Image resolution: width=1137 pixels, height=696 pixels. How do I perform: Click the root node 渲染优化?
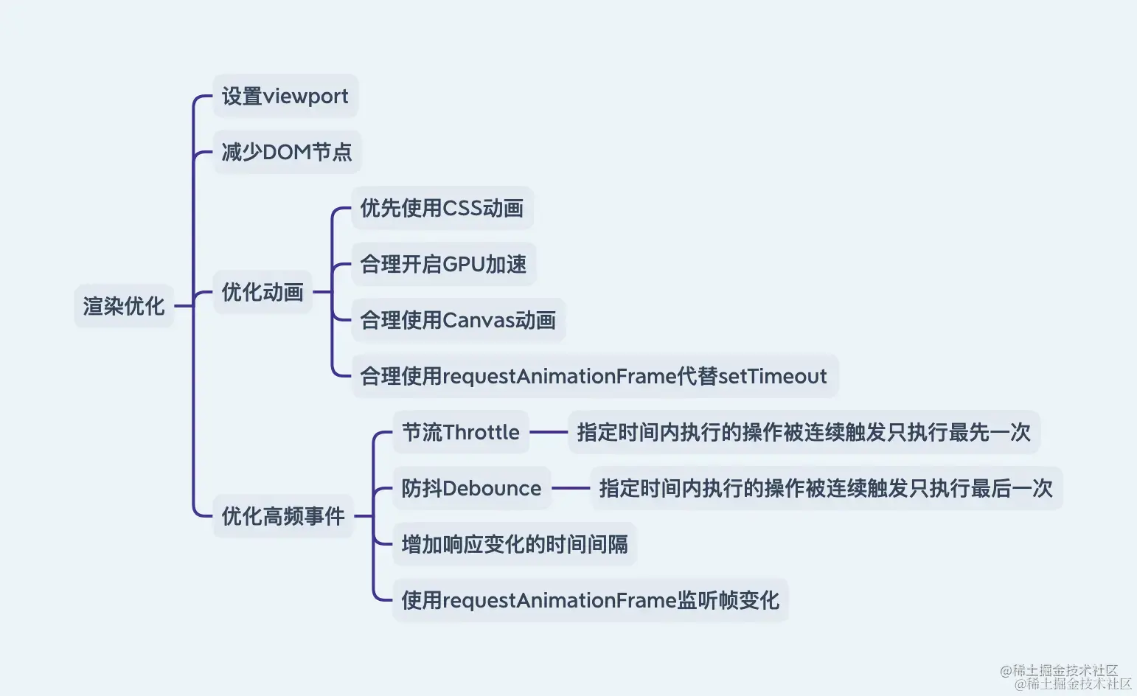coord(124,306)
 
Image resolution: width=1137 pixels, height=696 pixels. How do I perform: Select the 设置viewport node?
coord(285,96)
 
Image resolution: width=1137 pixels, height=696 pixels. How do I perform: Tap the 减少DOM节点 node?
coord(287,152)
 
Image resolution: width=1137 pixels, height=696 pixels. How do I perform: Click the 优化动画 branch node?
coord(262,292)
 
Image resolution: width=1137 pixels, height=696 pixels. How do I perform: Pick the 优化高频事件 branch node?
coord(283,516)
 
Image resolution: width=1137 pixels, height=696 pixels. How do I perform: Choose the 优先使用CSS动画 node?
coord(442,208)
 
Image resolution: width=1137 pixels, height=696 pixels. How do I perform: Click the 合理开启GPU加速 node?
coord(443,264)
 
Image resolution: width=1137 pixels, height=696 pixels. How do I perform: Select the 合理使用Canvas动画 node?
coord(458,320)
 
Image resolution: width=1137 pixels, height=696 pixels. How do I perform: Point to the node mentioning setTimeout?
coord(594,376)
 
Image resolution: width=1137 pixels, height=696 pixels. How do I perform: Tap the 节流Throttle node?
coord(461,432)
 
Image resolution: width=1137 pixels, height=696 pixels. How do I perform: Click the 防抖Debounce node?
coord(471,488)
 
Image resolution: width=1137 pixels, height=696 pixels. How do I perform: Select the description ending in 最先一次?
coord(804,432)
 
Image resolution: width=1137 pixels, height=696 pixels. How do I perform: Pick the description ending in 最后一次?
coord(826,488)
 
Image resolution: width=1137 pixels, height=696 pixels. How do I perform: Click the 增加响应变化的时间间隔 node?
coord(515,544)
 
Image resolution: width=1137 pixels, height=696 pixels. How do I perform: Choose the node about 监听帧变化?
coord(590,600)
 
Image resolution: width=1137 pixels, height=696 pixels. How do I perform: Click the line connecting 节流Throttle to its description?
coord(549,432)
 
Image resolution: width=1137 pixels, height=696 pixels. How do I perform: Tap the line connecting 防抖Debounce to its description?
coord(571,488)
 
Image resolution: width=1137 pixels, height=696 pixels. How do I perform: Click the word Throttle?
coord(481,432)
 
